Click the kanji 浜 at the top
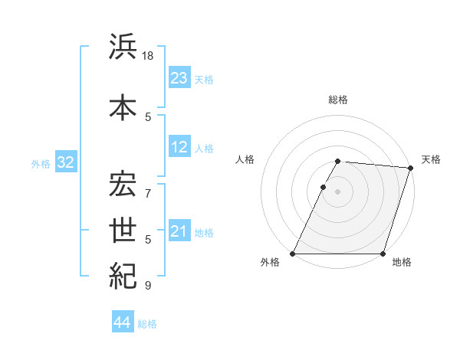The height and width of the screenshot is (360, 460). [x=123, y=47]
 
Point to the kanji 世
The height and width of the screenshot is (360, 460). [x=123, y=230]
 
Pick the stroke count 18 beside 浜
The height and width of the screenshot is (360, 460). [x=149, y=57]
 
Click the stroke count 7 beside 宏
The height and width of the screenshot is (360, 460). [x=149, y=185]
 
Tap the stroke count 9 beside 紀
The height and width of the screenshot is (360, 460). [x=149, y=286]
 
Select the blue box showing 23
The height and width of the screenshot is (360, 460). [x=179, y=78]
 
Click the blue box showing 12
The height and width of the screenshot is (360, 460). [x=179, y=148]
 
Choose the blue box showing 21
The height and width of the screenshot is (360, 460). [x=179, y=231]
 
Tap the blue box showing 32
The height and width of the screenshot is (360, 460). [x=64, y=162]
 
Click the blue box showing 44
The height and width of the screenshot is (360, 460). [x=122, y=322]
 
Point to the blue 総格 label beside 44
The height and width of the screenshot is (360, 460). [x=147, y=324]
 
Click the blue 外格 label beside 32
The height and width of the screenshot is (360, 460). [x=41, y=164]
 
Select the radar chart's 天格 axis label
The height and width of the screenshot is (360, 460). [x=431, y=159]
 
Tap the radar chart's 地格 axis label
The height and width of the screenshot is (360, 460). [x=402, y=263]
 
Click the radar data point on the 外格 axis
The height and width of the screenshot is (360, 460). [x=293, y=254]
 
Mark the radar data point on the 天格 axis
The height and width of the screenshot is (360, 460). [x=411, y=168]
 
